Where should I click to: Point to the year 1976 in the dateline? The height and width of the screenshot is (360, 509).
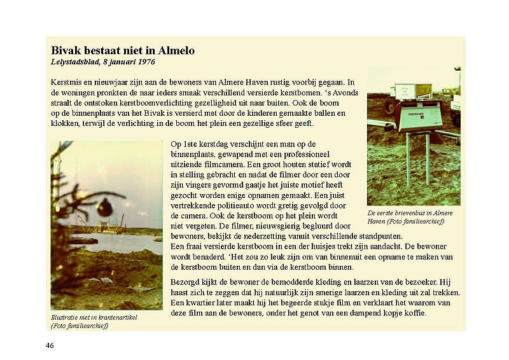coord(144,62)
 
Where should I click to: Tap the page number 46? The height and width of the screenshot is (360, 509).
coord(50,345)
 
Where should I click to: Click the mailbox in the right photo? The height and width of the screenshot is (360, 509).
coord(417,116)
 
